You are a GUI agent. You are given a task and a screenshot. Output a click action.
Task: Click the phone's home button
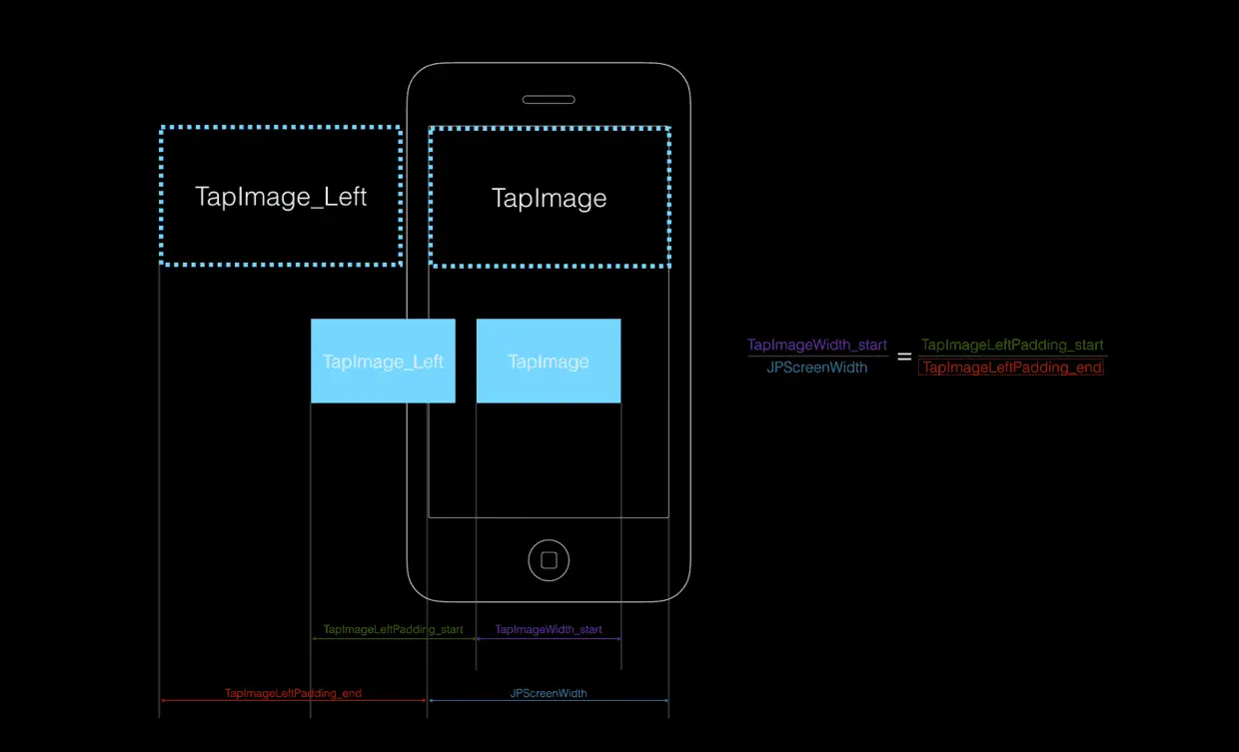click(x=549, y=560)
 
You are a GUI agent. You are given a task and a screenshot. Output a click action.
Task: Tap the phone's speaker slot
click(x=549, y=100)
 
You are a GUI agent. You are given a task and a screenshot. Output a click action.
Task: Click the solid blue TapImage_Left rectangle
click(x=383, y=384)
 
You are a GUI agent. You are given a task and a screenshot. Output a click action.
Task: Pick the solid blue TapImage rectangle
click(x=549, y=384)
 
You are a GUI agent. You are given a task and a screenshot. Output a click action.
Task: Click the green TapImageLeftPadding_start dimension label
click(x=394, y=630)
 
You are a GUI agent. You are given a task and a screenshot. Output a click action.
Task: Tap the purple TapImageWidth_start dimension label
click(x=549, y=630)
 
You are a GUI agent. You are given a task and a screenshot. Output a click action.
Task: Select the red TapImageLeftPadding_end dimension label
click(x=293, y=693)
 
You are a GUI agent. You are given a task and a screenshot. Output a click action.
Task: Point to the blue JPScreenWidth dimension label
click(x=549, y=693)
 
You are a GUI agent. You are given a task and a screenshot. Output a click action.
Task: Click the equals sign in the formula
click(x=904, y=357)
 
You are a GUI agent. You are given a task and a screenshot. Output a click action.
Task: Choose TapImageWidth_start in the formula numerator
click(x=817, y=346)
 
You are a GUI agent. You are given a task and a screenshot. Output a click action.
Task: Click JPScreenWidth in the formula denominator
click(x=817, y=368)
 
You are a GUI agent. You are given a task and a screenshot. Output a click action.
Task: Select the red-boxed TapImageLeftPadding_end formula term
click(x=1011, y=368)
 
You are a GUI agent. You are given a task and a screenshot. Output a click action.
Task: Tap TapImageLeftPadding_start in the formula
click(x=1012, y=346)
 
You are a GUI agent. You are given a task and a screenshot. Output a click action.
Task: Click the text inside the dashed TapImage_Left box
click(x=281, y=196)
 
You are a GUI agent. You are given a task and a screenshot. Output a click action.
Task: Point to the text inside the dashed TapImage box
click(x=550, y=198)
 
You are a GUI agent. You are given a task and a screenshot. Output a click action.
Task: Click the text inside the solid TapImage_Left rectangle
click(x=383, y=362)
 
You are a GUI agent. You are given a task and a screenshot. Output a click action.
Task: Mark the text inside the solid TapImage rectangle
click(x=549, y=362)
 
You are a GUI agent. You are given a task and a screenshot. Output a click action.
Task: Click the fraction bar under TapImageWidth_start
click(x=817, y=357)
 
